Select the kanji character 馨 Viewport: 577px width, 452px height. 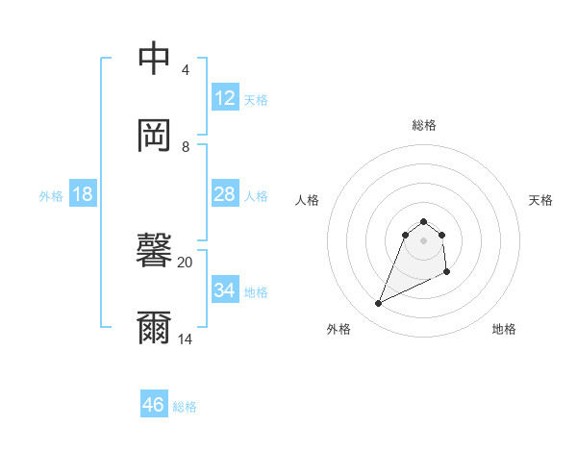[154, 252]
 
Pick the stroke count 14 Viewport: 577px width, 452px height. [185, 339]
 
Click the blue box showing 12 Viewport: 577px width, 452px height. [225, 98]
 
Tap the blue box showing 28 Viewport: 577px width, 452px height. [225, 194]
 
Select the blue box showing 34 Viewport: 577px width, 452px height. [225, 290]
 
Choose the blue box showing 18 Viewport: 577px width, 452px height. [83, 194]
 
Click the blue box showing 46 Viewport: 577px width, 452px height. [154, 405]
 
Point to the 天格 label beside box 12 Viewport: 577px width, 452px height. [256, 99]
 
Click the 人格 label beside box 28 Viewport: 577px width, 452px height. [256, 195]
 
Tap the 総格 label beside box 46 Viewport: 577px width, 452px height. [185, 406]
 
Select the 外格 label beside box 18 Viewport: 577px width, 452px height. [51, 195]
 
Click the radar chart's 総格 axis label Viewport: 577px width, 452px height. [423, 125]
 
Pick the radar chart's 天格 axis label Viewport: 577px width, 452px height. [540, 200]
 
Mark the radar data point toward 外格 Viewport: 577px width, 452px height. [378, 304]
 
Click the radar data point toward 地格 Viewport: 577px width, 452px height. [447, 273]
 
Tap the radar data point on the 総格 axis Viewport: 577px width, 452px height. [423, 219]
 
